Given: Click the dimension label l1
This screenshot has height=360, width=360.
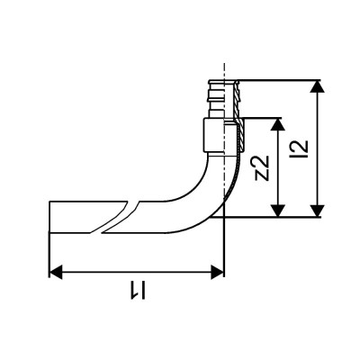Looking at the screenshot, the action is coord(138,290).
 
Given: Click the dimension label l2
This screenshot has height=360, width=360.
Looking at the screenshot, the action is coord(301,149).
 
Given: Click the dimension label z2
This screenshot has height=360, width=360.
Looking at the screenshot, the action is coord(261,168).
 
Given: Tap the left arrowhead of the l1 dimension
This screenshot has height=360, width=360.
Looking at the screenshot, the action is coord(55,272).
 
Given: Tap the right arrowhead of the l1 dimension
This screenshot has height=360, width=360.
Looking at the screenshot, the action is coord(217,272).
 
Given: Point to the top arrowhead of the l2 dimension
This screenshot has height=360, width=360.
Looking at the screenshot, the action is coord(317,86).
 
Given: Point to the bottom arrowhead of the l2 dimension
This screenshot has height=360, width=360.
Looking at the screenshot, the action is coord(317,211).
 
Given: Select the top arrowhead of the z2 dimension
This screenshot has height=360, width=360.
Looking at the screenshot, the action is coord(278,124).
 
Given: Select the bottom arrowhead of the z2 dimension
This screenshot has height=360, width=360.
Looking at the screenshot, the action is coord(278,211).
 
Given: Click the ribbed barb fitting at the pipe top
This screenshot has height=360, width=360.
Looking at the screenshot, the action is coord(224,99).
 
